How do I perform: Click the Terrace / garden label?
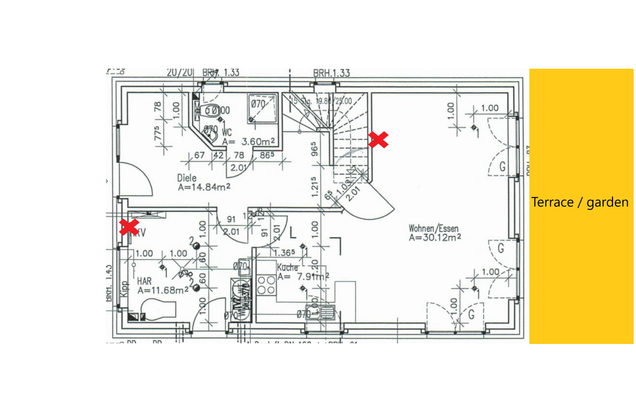tap(580, 202)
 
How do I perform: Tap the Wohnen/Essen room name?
tap(433, 228)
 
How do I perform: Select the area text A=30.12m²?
tap(435, 237)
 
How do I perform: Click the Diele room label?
tap(187, 178)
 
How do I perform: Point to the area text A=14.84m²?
tap(204, 187)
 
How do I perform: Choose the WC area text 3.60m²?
tap(258, 142)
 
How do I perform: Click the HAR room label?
tap(144, 281)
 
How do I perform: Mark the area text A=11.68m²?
tap(163, 290)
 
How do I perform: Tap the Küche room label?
tap(287, 267)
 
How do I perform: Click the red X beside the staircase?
tap(378, 140)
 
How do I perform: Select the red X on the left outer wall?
tap(129, 227)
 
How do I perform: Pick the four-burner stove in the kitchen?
tap(266, 285)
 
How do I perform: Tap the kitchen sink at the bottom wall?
tap(321, 312)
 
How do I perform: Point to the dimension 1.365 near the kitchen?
tap(284, 253)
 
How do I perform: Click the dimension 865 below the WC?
tap(267, 155)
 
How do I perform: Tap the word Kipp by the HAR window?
tap(124, 289)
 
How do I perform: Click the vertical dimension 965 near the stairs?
tap(314, 149)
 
